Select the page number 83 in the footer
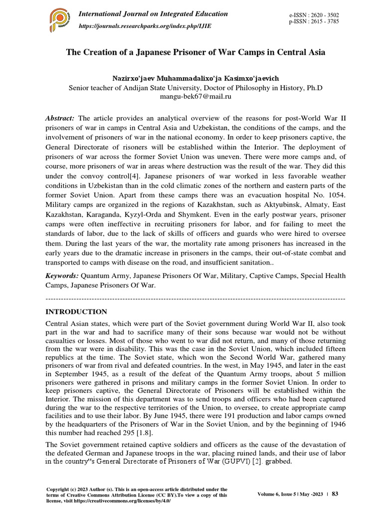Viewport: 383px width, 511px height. point(335,494)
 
